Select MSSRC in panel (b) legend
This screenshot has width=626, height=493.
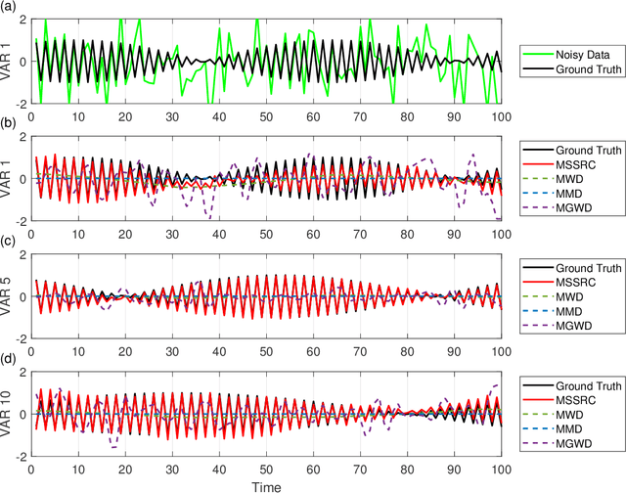pyautogui.click(x=576, y=164)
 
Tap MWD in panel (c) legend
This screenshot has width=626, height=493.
pyautogui.click(x=572, y=296)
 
